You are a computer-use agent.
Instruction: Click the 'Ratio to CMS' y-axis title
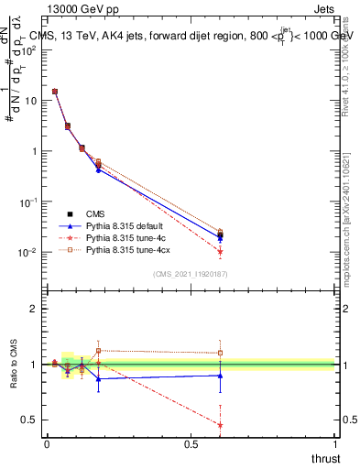click(x=15, y=364)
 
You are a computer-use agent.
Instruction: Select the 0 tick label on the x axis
click(x=47, y=444)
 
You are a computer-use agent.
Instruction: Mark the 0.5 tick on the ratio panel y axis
click(x=27, y=420)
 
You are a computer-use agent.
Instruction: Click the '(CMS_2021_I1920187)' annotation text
click(x=191, y=274)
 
